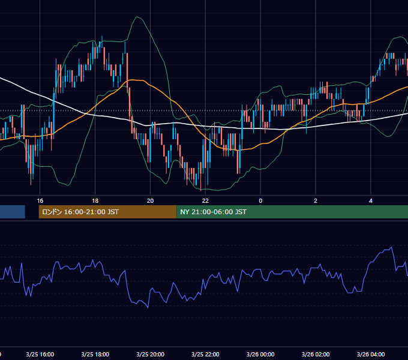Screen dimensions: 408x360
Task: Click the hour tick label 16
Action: (x=40, y=201)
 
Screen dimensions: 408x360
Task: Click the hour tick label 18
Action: (x=95, y=201)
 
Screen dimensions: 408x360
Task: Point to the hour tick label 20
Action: (x=150, y=201)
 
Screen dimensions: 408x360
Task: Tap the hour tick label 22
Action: (x=205, y=201)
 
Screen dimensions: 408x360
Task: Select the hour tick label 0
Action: (x=260, y=201)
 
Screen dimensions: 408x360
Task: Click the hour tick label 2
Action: (x=316, y=201)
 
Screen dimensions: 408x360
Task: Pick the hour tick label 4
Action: (x=371, y=201)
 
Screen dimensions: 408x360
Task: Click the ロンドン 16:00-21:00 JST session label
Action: (x=80, y=212)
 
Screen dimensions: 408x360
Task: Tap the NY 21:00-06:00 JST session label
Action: (x=214, y=212)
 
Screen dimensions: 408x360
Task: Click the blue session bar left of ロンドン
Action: (x=13, y=212)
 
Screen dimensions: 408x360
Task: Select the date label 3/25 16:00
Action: (x=40, y=354)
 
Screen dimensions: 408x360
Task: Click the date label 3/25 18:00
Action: (x=95, y=354)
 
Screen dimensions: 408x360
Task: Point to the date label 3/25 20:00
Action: (x=151, y=354)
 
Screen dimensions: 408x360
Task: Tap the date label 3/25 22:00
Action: (x=205, y=354)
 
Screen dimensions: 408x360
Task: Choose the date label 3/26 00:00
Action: (x=260, y=354)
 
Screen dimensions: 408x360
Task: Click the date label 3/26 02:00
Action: (x=316, y=354)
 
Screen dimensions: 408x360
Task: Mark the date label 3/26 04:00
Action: (x=371, y=354)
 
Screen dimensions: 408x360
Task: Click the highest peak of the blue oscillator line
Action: (x=391, y=247)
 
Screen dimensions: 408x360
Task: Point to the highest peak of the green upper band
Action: (x=136, y=17)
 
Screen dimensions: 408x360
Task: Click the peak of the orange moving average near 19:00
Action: (x=133, y=80)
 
